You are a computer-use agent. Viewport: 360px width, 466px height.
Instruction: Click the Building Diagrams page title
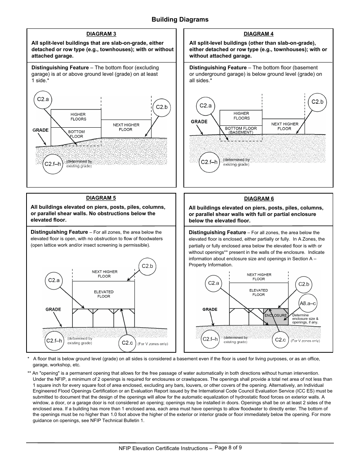point(180,20)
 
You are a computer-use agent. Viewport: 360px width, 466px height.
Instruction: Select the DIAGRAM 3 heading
point(101,34)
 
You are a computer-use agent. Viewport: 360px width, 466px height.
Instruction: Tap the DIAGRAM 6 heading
point(259,199)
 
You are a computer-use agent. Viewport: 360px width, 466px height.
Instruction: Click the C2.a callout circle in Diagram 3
point(43,100)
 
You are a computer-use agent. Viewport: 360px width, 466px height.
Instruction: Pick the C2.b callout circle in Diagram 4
point(317,102)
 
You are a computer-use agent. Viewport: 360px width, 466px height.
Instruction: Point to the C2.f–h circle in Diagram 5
point(54,341)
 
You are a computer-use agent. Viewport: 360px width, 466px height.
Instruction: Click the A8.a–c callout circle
point(308,303)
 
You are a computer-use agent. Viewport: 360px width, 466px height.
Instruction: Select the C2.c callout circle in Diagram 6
point(280,340)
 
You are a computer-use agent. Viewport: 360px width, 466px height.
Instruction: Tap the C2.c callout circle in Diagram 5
point(127,343)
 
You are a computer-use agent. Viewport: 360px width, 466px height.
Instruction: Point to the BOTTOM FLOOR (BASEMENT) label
point(241,130)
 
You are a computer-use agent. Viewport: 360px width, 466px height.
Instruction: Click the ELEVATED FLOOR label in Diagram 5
point(103,294)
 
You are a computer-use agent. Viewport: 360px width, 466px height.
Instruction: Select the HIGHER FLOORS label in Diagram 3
point(78,117)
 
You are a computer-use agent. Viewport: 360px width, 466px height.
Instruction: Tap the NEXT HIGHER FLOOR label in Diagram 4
point(285,126)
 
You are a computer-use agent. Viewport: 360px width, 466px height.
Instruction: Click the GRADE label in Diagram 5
point(53,310)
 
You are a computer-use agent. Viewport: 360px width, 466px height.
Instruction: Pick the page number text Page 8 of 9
point(228,447)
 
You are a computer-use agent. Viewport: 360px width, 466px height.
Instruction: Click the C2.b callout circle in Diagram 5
point(147,266)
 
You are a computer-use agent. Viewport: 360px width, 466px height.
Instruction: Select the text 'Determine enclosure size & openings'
point(305,319)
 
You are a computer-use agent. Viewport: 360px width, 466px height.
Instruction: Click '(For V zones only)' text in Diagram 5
point(153,344)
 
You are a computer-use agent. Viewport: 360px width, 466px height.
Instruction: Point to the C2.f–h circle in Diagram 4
point(209,162)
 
